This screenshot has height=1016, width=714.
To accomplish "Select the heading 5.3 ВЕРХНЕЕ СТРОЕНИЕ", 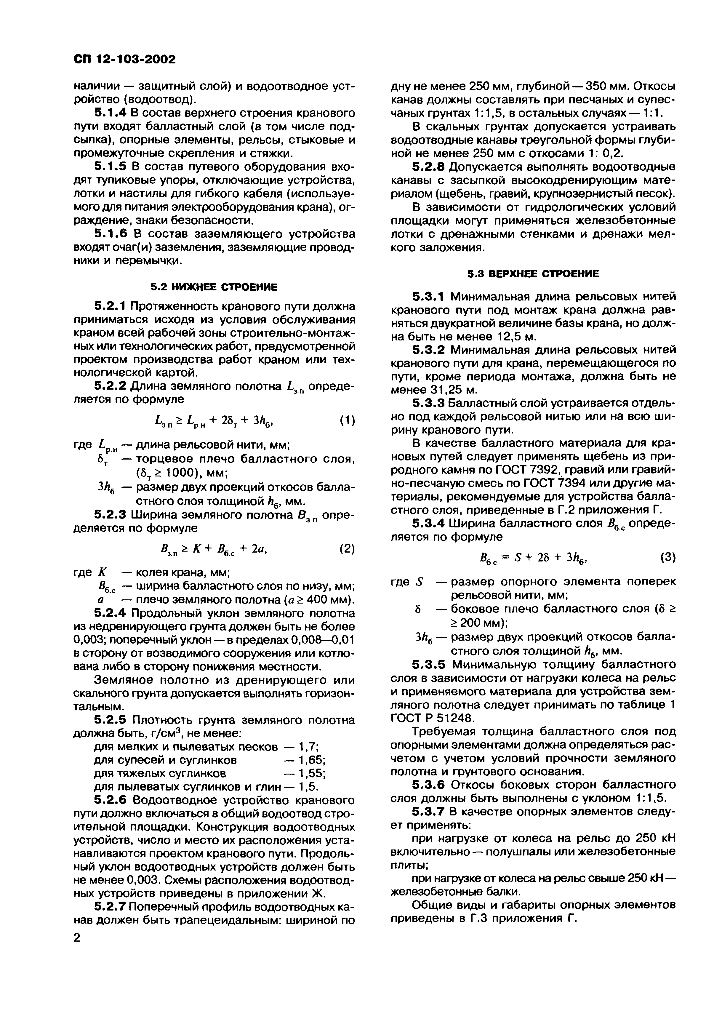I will (x=534, y=274).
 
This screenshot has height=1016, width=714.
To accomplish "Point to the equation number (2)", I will (x=347, y=549).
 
